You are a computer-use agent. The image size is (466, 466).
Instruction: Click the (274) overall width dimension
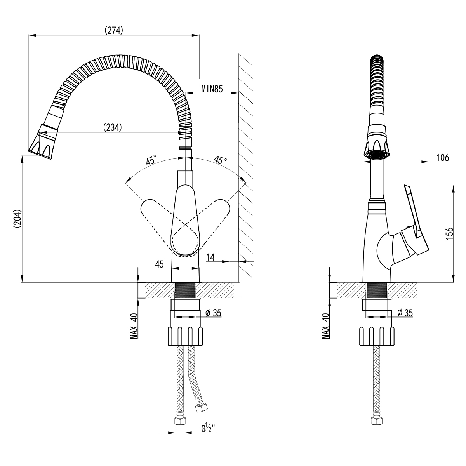tap(114, 30)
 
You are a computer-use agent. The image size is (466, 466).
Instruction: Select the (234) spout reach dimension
tap(113, 127)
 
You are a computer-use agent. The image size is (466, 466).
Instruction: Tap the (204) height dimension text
tap(17, 219)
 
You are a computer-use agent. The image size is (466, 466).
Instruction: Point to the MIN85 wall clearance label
tap(212, 89)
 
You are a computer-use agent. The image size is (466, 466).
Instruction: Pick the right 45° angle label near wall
tap(220, 160)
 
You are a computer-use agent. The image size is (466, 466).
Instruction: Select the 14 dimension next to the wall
tap(210, 257)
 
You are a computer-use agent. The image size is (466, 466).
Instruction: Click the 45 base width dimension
tap(159, 264)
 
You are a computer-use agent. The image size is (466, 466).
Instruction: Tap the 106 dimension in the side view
tap(443, 158)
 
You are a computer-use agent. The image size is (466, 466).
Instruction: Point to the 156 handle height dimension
tap(449, 233)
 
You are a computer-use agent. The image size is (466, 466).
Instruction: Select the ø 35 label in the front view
tap(214, 313)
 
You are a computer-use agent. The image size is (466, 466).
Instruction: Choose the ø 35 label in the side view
tap(405, 313)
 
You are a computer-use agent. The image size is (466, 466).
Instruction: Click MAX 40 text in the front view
tap(134, 326)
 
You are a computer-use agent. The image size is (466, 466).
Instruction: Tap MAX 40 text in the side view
tap(326, 326)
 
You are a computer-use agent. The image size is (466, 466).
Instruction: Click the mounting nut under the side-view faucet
tap(377, 336)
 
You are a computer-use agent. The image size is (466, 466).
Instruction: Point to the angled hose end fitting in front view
tap(201, 409)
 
